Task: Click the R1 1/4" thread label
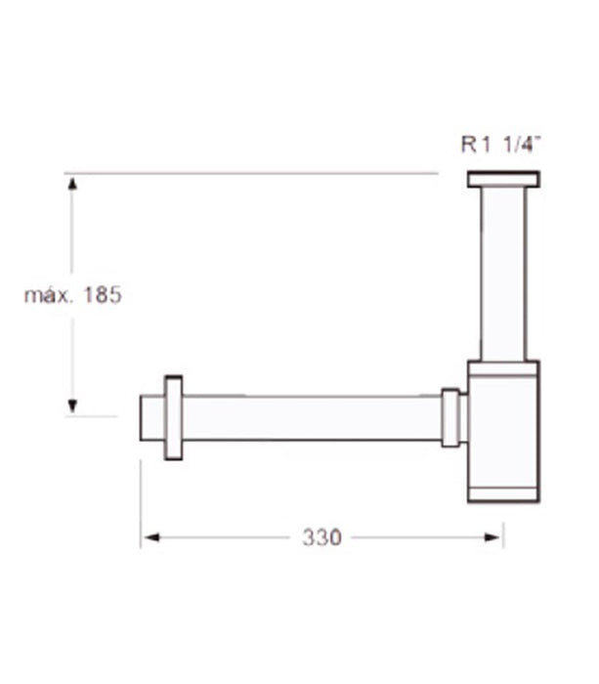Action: [501, 144]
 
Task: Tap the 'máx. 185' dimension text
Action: [73, 295]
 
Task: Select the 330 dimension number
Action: [321, 537]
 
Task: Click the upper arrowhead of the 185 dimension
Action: [72, 184]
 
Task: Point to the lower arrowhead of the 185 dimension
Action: [72, 406]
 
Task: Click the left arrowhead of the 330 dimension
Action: [151, 537]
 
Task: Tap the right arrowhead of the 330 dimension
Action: [492, 537]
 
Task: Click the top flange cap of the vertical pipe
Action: [503, 179]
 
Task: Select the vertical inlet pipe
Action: [503, 275]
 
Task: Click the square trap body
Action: [503, 432]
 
